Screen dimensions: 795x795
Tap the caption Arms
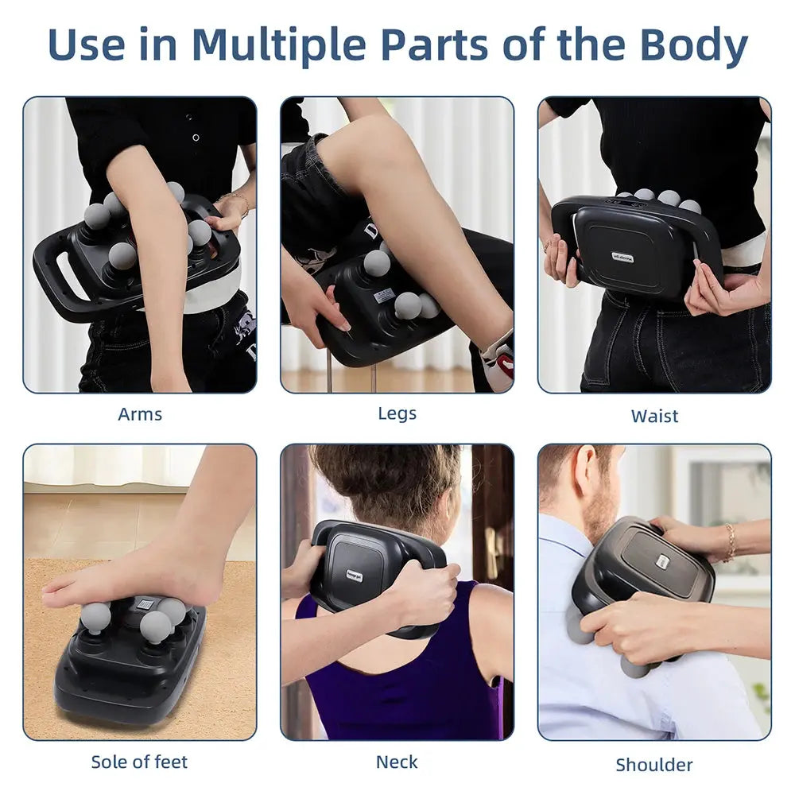140,414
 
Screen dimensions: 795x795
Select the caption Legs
397,413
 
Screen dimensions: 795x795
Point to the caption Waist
654,416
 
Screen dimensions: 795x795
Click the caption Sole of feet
139,762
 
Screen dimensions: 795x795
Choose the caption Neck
397,762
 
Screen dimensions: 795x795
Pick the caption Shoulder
654,765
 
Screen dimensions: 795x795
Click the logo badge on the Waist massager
622,257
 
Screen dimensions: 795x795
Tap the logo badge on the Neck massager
355,576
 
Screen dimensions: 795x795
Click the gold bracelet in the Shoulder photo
730,542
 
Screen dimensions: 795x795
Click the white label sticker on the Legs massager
383,296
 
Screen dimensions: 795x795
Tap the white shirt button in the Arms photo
196,138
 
